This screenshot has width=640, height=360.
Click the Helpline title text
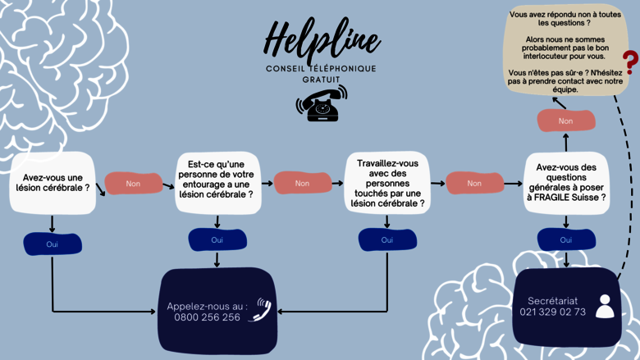(321, 38)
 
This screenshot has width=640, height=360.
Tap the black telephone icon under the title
(321, 103)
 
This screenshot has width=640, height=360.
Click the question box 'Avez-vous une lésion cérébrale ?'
(53, 182)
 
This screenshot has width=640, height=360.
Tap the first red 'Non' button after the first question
(133, 184)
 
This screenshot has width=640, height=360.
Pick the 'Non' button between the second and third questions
(302, 184)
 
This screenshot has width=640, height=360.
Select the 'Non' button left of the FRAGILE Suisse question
(474, 184)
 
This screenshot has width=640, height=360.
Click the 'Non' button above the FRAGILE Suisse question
(565, 121)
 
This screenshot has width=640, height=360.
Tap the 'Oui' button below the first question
(53, 244)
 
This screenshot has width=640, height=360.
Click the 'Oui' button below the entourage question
(217, 239)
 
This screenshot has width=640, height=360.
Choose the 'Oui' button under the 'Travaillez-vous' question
(387, 239)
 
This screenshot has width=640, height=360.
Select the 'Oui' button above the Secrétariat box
(565, 239)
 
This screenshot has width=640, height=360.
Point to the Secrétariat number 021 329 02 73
(552, 312)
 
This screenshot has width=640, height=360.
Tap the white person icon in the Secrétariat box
(604, 306)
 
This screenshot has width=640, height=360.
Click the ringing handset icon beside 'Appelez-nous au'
(261, 308)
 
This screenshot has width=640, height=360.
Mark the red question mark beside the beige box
(629, 62)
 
